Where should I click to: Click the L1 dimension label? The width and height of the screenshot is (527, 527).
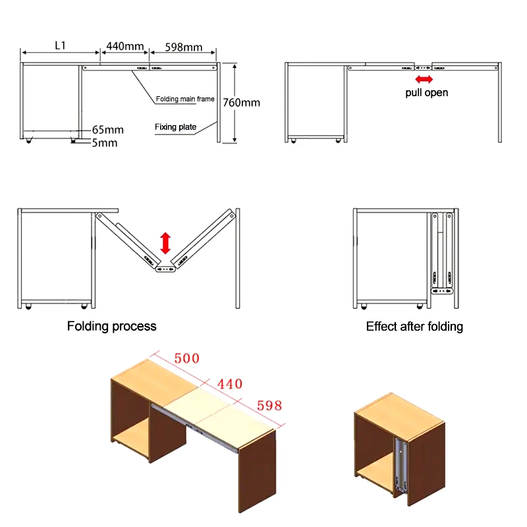click(60, 45)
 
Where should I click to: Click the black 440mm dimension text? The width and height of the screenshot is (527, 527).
click(125, 46)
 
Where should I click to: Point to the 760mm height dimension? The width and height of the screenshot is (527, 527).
click(241, 103)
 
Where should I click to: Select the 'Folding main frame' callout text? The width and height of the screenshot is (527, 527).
click(185, 99)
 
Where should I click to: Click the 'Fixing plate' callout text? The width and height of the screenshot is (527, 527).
click(175, 127)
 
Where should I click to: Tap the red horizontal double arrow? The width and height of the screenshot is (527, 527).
click(424, 79)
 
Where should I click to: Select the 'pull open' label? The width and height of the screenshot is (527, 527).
click(426, 93)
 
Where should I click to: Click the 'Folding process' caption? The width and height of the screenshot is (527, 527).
click(112, 326)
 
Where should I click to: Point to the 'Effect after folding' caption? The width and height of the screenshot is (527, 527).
click(414, 326)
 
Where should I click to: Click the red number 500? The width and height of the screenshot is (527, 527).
click(186, 359)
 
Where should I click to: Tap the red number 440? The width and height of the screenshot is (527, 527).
click(229, 384)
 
